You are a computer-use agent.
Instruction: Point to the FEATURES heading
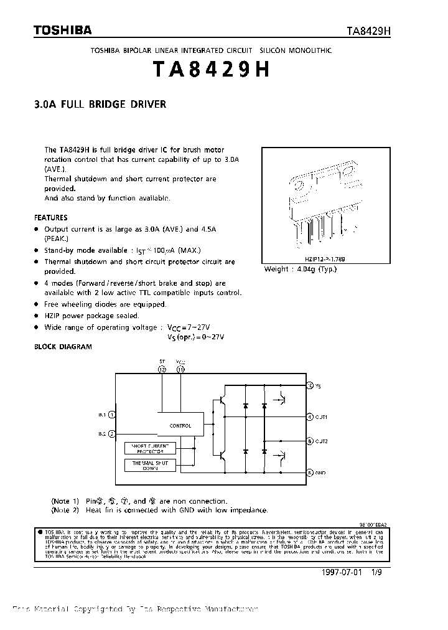click(50, 218)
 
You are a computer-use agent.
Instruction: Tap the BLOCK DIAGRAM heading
click(62, 347)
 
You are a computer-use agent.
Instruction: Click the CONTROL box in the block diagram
click(180, 426)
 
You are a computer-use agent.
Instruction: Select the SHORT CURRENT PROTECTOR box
click(150, 448)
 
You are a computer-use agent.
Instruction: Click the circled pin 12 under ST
click(163, 369)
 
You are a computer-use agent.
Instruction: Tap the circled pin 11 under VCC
click(180, 369)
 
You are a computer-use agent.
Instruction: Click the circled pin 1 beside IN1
click(112, 414)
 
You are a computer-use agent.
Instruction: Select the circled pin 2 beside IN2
click(112, 434)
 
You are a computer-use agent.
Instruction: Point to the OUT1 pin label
click(322, 417)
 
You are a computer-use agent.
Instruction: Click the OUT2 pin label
click(322, 441)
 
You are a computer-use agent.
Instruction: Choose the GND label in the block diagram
click(320, 473)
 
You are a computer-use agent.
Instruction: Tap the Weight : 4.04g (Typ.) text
click(300, 269)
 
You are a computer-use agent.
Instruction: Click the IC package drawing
click(324, 205)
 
